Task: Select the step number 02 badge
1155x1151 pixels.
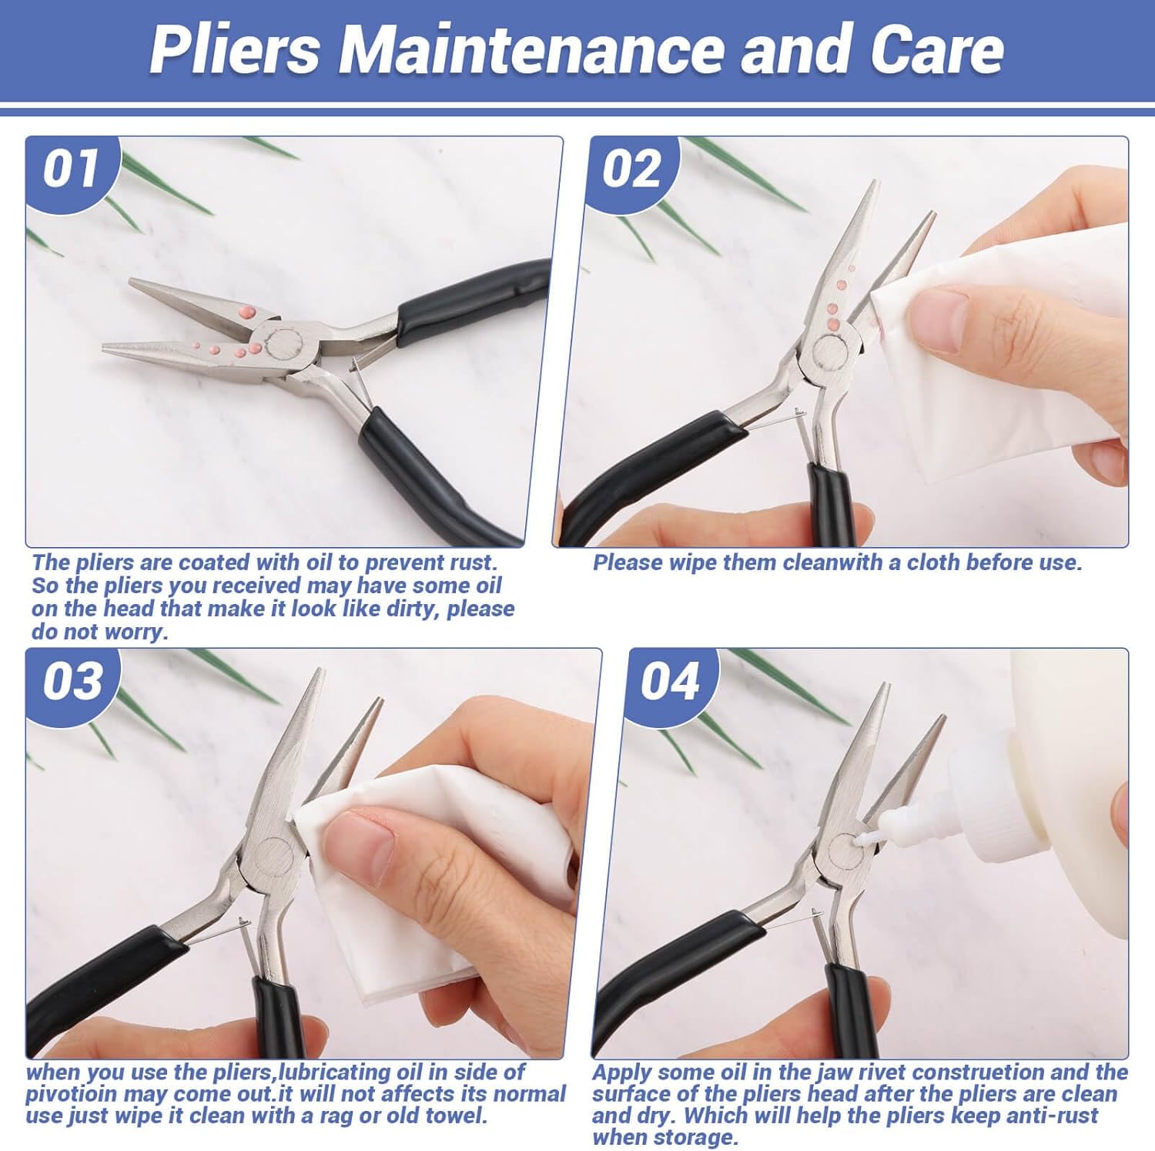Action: point(631,169)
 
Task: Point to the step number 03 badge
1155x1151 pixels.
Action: point(72,681)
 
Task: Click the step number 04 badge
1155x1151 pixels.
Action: point(669,681)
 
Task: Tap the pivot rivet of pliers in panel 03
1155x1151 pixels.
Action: point(271,854)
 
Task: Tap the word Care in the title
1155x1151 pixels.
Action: point(937,49)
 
